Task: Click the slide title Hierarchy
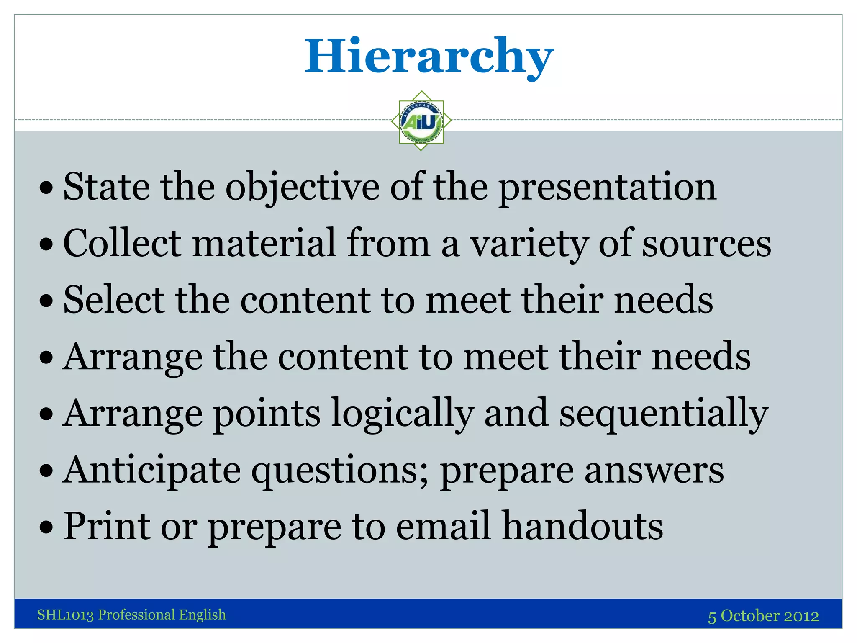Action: (429, 57)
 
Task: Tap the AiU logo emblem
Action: (421, 121)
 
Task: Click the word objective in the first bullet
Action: (302, 187)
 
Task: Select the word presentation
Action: (607, 187)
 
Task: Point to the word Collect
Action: (122, 243)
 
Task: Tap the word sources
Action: (706, 244)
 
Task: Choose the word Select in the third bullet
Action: (114, 300)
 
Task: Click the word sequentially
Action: (664, 414)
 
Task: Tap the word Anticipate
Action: (152, 471)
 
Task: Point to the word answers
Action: (654, 471)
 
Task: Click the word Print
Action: (107, 526)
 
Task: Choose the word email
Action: (442, 526)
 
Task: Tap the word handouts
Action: (582, 526)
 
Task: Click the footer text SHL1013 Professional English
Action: (131, 615)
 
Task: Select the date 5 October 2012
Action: (763, 616)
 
